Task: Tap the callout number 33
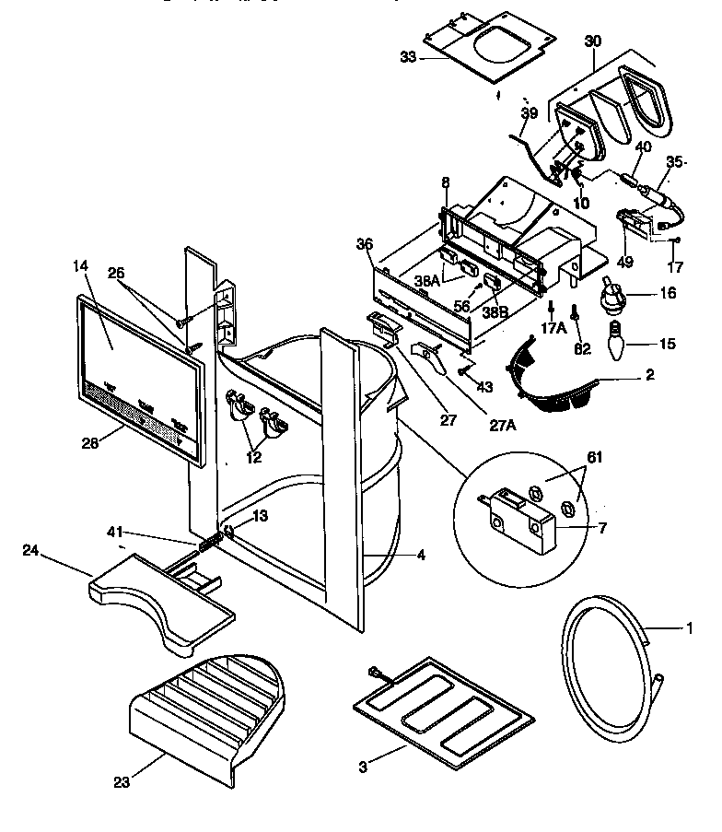click(409, 57)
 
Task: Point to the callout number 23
click(121, 783)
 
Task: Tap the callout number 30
click(592, 41)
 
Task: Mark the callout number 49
click(625, 262)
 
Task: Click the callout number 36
click(365, 244)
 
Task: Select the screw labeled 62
click(575, 319)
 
